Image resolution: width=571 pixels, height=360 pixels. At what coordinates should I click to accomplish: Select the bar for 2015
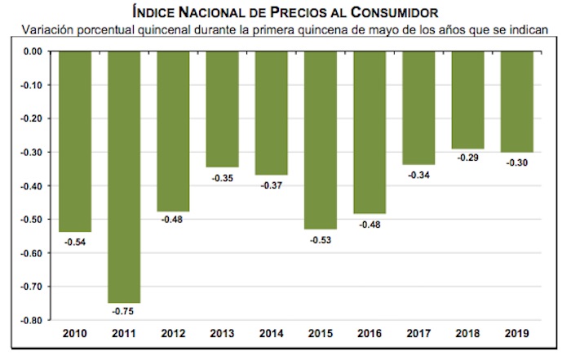pyautogui.click(x=321, y=139)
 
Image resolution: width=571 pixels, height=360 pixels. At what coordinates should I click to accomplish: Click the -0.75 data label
pyautogui.click(x=125, y=310)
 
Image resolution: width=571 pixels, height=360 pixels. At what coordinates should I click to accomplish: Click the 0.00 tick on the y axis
pyautogui.click(x=31, y=51)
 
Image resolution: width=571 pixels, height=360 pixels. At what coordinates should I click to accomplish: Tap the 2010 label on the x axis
pyautogui.click(x=76, y=334)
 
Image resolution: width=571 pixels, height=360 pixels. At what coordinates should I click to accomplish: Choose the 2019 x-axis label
pyautogui.click(x=516, y=334)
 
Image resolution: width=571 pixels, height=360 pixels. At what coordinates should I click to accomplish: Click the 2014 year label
pyautogui.click(x=272, y=334)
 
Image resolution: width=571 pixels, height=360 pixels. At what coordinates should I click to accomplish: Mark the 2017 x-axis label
pyautogui.click(x=418, y=334)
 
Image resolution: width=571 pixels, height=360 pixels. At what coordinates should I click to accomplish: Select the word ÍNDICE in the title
pyautogui.click(x=155, y=11)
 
